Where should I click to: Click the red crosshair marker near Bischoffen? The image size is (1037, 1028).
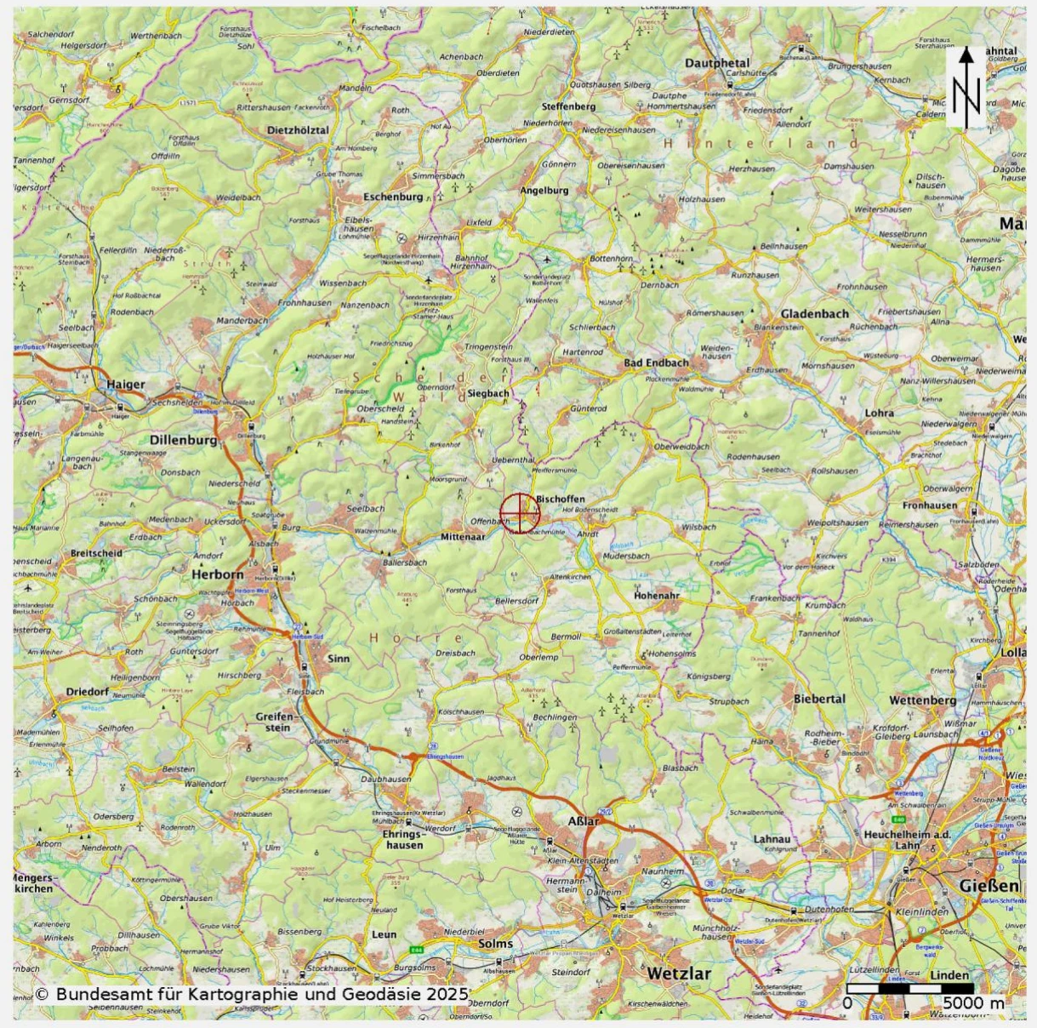point(519,512)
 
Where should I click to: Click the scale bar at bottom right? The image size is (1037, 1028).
point(910,988)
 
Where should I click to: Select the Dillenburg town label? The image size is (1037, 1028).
point(183,440)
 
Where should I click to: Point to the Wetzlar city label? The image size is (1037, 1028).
point(678,973)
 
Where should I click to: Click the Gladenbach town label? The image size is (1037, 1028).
point(814,313)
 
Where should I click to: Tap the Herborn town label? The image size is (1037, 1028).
point(217,574)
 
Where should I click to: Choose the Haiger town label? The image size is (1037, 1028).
point(125,385)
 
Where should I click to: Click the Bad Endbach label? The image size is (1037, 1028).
point(656,363)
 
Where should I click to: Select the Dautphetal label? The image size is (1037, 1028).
point(717,63)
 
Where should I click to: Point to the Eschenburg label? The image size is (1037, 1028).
point(392,197)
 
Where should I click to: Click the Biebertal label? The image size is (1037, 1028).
point(819,699)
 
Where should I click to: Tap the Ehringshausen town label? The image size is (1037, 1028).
point(404,840)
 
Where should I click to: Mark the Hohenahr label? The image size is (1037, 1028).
point(656,596)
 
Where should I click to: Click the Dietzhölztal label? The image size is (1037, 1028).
point(297,130)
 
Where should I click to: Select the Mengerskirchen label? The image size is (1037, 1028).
point(33,882)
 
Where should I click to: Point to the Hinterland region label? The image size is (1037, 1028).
point(761,144)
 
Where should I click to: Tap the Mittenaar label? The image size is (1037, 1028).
point(463,537)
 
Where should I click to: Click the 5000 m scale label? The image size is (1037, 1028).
point(972,1003)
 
